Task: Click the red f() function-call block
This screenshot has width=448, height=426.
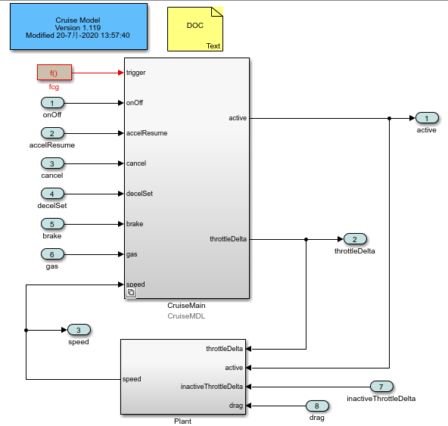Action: [54, 73]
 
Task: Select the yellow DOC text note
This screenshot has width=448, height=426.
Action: [195, 30]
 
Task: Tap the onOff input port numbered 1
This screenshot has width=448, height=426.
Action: [52, 103]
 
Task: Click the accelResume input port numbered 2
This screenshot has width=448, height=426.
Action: [52, 133]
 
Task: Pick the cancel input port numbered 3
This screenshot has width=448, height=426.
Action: [52, 163]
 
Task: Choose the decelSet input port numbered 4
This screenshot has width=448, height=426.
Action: [52, 194]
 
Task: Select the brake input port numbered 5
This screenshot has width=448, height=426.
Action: [52, 224]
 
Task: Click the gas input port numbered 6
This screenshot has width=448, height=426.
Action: [52, 254]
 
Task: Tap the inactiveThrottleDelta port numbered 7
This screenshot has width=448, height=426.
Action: [381, 387]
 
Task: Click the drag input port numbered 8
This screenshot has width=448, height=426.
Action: [317, 406]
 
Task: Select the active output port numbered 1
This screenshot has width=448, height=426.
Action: [427, 118]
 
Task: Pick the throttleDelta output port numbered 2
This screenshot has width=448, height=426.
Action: [355, 239]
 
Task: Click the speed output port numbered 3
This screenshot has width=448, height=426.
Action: [79, 330]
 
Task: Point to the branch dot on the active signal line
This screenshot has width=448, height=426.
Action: [389, 118]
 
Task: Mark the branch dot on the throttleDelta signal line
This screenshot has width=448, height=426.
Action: [306, 239]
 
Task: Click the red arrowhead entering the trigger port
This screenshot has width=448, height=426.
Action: [121, 73]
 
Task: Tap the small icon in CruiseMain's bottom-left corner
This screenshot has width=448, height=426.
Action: [131, 292]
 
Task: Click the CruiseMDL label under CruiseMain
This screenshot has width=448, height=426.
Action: [186, 316]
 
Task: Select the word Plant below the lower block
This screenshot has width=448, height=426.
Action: [183, 421]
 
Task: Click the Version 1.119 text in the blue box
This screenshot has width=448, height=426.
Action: [78, 28]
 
